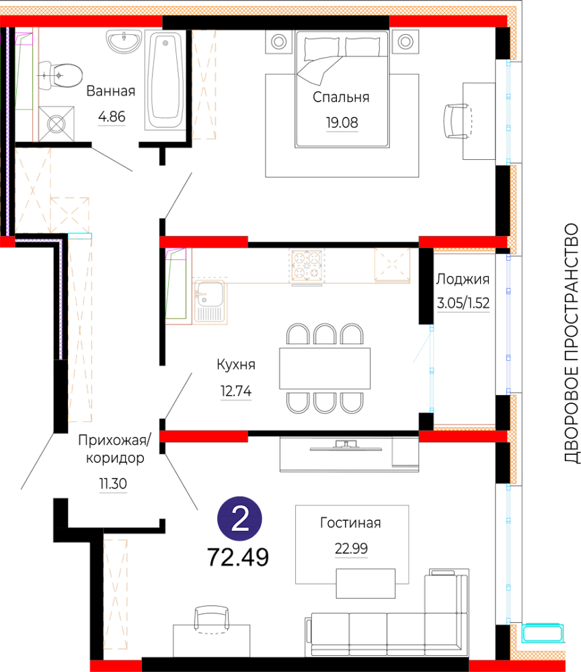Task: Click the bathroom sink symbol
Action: pos(124,41)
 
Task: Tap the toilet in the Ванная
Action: pos(61,76)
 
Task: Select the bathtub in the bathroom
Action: pos(165,79)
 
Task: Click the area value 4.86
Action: pos(112,116)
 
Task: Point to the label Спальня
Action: pos(341,97)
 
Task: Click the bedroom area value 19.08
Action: pos(342,122)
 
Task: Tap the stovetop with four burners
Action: pos(307,265)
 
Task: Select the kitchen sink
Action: pos(210,301)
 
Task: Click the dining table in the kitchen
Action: pos(325,368)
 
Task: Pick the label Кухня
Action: pos(236,364)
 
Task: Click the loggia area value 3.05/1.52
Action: pos(463,303)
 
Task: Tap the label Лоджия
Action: pos(463,279)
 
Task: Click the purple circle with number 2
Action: pos(239,519)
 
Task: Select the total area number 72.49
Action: pos(238,557)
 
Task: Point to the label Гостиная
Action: pos(350,523)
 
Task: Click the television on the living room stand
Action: pos(346,446)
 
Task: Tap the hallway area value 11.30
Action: pos(113,484)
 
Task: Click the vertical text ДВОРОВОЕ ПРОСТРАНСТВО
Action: pos(571,343)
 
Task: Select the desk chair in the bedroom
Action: pos(456,121)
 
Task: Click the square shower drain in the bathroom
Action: pos(56,124)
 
